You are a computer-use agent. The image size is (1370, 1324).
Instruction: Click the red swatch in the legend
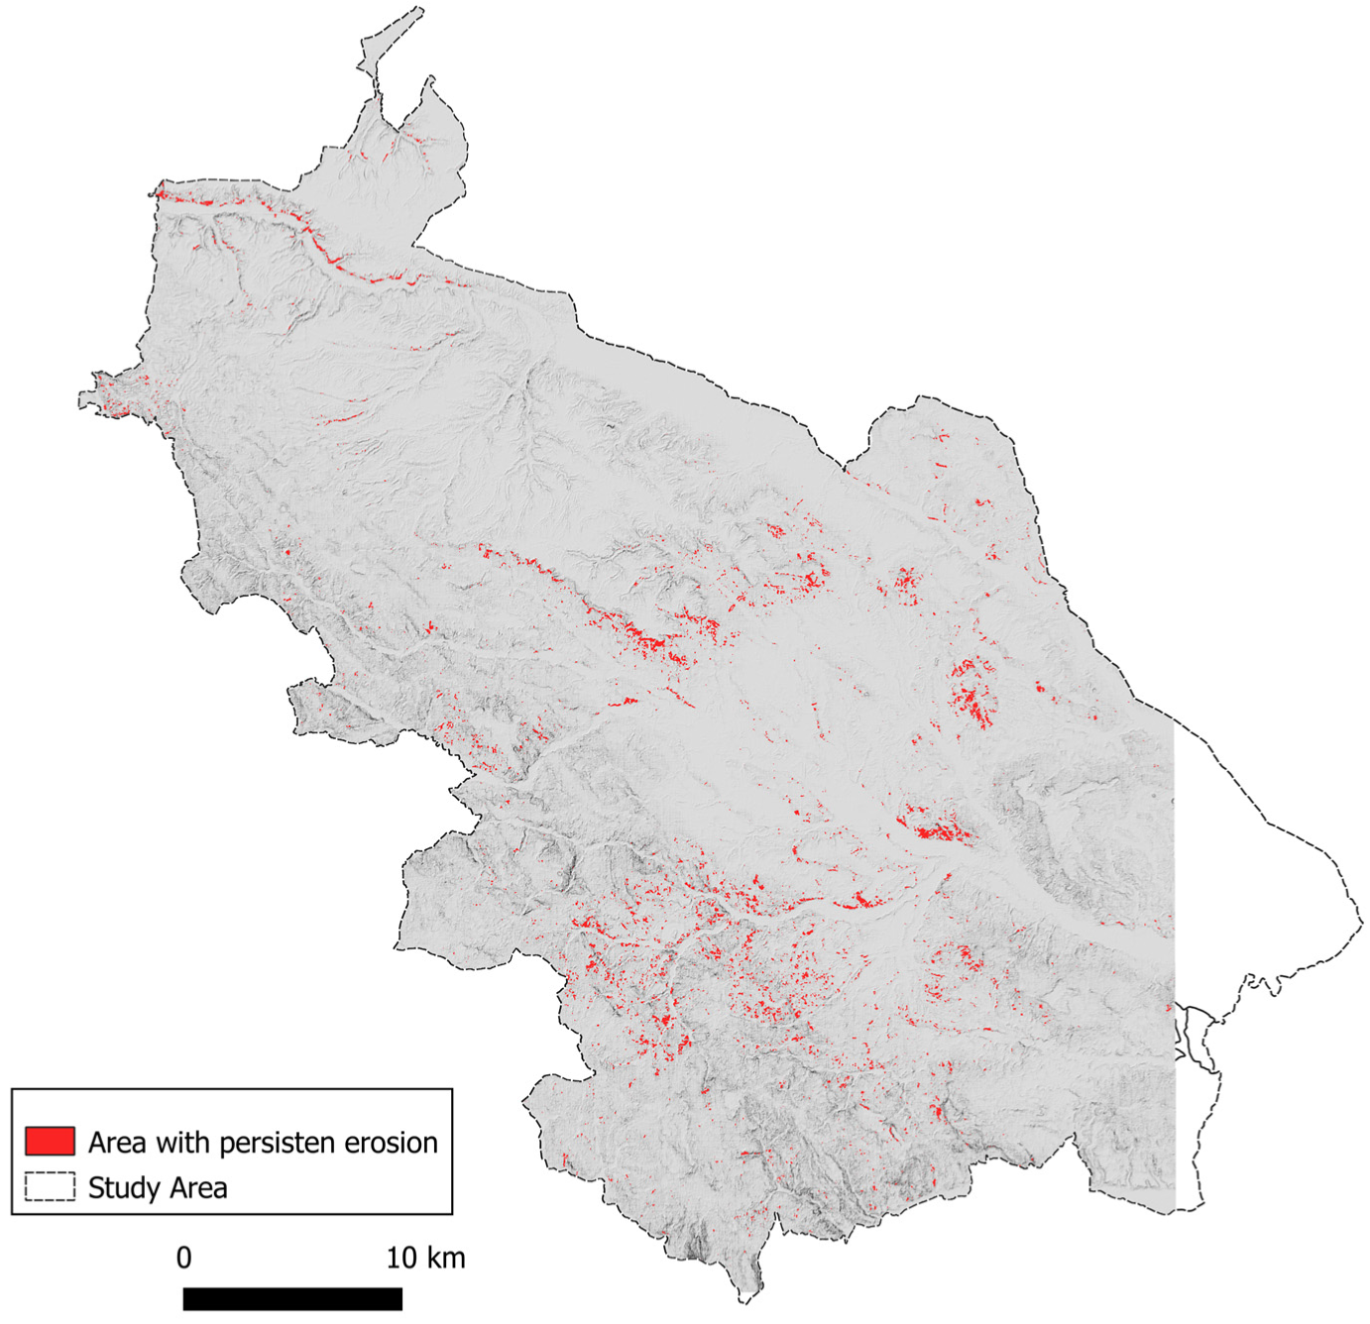[x=50, y=1141]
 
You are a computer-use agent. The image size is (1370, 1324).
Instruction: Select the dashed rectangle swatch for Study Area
[x=50, y=1186]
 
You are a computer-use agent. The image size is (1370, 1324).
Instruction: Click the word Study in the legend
[x=122, y=1187]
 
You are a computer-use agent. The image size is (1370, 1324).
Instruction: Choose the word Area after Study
[x=194, y=1187]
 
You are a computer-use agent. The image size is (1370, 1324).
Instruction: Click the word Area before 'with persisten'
[x=116, y=1143]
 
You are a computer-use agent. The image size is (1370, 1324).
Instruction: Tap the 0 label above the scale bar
[x=183, y=1258]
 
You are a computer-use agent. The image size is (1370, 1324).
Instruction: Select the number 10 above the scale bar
[x=401, y=1258]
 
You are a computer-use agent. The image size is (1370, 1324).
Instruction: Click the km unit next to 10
[x=443, y=1258]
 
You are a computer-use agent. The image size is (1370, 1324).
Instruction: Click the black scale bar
[x=292, y=1298]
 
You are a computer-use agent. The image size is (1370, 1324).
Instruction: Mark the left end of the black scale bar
[x=184, y=1298]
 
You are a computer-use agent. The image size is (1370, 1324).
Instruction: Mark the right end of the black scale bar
[x=401, y=1298]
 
